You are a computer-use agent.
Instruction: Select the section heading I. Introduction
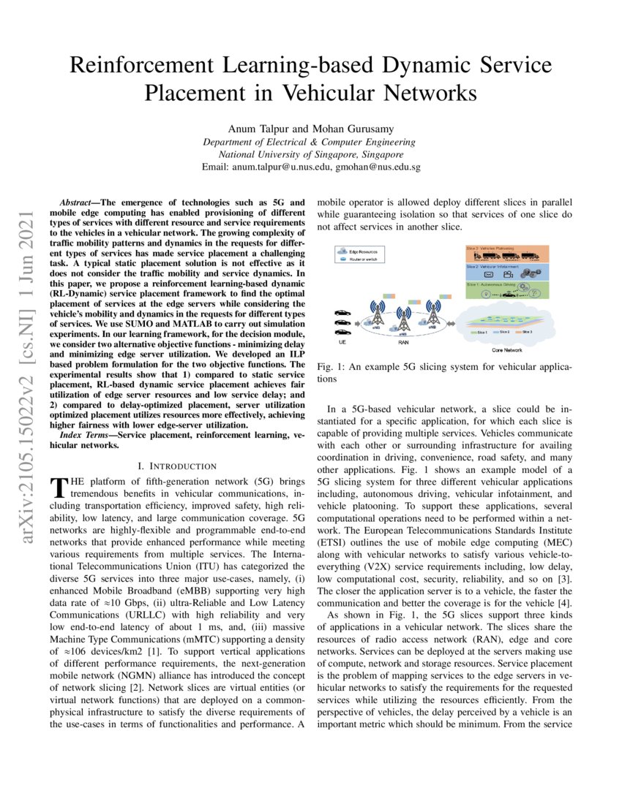(x=177, y=466)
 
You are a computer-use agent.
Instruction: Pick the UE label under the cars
(x=342, y=341)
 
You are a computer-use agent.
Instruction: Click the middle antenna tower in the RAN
(x=403, y=317)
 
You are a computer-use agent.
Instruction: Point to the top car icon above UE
(x=342, y=313)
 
